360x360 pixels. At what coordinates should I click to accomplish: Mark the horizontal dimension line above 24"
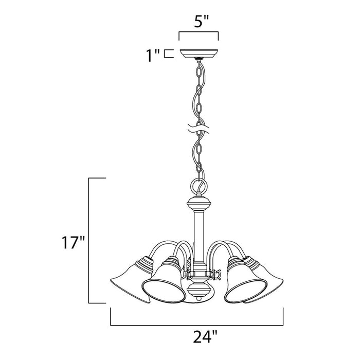click(x=198, y=312)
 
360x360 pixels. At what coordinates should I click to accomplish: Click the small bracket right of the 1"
click(x=167, y=53)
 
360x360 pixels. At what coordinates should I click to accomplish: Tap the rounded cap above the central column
click(x=198, y=203)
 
